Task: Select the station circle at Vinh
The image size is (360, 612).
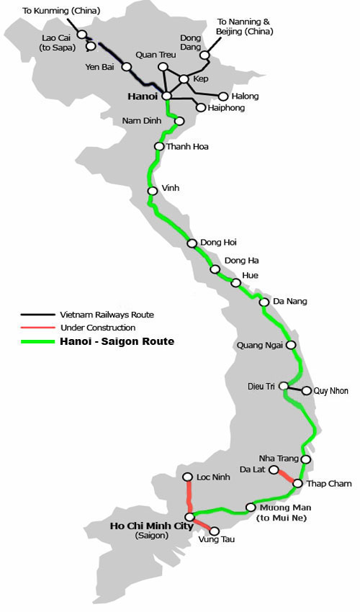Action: point(153,191)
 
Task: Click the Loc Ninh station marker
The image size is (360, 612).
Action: point(187,477)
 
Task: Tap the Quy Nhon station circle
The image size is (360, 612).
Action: point(307,391)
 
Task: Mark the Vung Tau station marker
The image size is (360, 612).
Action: point(214,531)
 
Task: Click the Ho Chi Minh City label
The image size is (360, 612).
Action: point(151,526)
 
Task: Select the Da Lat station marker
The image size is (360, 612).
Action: point(274,469)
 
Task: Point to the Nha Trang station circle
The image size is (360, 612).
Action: point(306,459)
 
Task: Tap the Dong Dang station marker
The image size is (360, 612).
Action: point(204,55)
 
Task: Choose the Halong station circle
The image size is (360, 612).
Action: point(223,96)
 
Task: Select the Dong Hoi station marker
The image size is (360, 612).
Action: point(192,243)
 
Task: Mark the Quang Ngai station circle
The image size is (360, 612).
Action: point(291,345)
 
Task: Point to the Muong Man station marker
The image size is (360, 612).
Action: point(250,506)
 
